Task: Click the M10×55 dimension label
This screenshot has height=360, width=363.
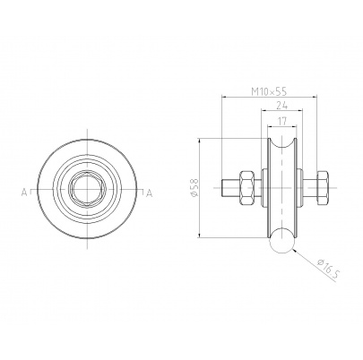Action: tap(269, 91)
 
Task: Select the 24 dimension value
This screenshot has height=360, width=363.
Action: tap(281, 105)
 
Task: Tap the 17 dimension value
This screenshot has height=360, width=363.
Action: tap(282, 121)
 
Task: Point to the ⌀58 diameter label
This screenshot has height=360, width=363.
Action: tap(194, 188)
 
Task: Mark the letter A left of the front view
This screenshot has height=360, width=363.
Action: tap(24, 193)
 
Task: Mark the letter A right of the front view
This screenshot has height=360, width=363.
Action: tap(149, 193)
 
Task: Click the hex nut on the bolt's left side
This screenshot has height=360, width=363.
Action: tap(246, 188)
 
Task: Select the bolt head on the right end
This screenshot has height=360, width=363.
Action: tap(322, 188)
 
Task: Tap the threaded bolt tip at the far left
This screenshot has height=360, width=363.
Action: tap(226, 188)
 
